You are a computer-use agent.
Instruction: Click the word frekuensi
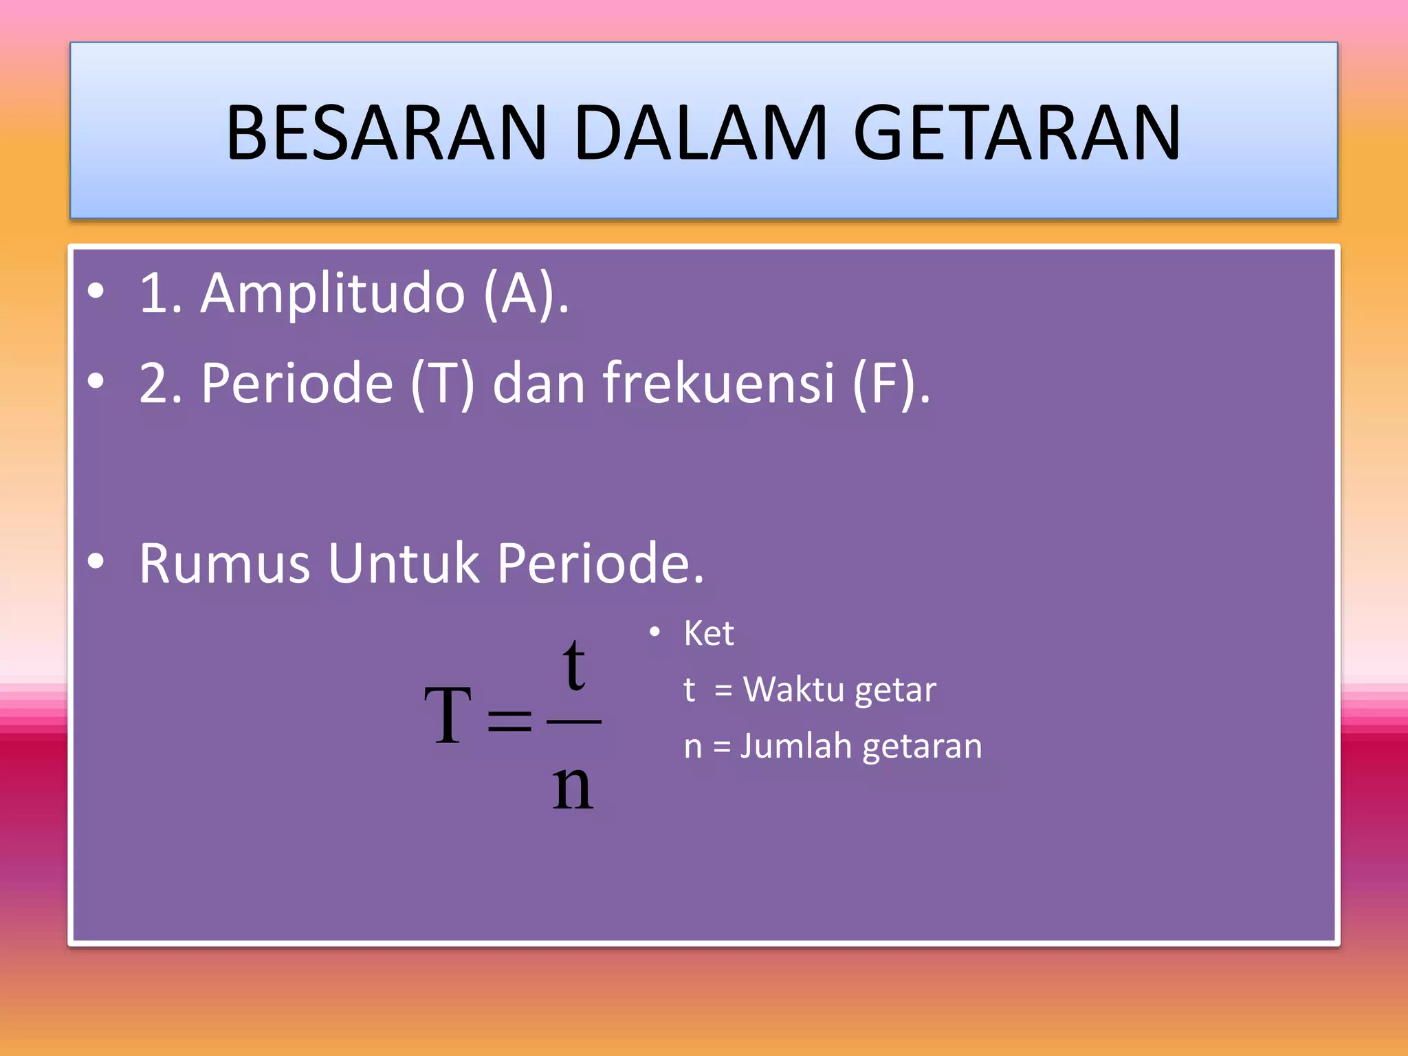click(719, 383)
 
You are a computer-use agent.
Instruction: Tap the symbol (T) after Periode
click(443, 384)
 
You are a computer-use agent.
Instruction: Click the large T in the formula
click(448, 717)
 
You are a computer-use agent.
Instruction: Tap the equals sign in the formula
click(509, 720)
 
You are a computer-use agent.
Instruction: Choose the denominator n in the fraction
click(573, 787)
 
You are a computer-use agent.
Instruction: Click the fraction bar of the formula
click(573, 721)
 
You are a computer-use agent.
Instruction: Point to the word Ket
click(709, 633)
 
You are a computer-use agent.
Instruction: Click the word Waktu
click(795, 690)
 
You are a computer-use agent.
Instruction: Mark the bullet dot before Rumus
click(96, 561)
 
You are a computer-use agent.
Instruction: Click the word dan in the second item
click(538, 383)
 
